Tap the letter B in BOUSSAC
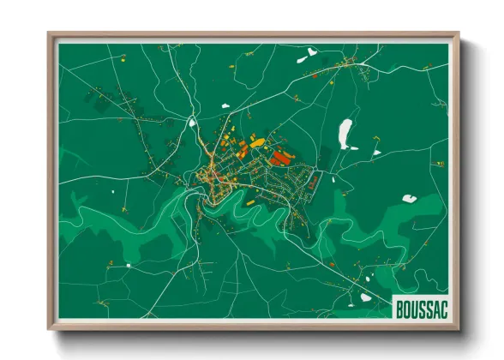(x=399, y=308)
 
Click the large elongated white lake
(x=345, y=134)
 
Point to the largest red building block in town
(x=279, y=157)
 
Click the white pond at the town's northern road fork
(x=225, y=105)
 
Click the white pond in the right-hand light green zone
(x=410, y=199)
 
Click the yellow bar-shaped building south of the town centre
(x=249, y=204)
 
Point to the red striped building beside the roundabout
(x=314, y=182)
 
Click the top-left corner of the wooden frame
(x=50, y=35)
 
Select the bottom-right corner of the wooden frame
(x=459, y=328)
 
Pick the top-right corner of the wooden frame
(x=459, y=35)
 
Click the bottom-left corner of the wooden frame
(x=50, y=328)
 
